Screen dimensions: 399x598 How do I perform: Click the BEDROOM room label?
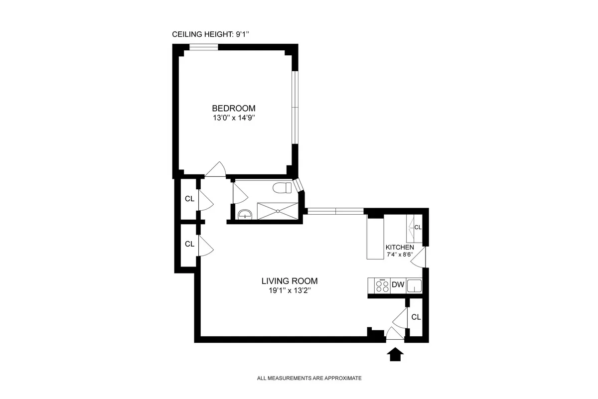234,108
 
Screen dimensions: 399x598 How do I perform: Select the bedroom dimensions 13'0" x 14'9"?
234,119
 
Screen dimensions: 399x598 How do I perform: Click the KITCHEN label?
400,248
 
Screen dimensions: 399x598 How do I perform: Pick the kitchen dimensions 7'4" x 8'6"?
400,255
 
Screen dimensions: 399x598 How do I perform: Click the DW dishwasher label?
398,285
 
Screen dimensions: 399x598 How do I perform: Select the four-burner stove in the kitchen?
383,285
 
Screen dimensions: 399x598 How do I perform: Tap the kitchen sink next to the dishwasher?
414,285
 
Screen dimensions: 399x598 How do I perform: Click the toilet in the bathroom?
283,188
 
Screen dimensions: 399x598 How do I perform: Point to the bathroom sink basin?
245,214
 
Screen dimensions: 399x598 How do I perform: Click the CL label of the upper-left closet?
189,199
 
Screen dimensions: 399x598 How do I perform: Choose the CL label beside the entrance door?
416,317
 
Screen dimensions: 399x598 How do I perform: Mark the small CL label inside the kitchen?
418,227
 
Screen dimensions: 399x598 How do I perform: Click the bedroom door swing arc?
215,169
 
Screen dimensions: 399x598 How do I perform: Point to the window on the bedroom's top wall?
203,48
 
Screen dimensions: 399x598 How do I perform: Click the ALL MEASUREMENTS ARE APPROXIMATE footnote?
309,378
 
